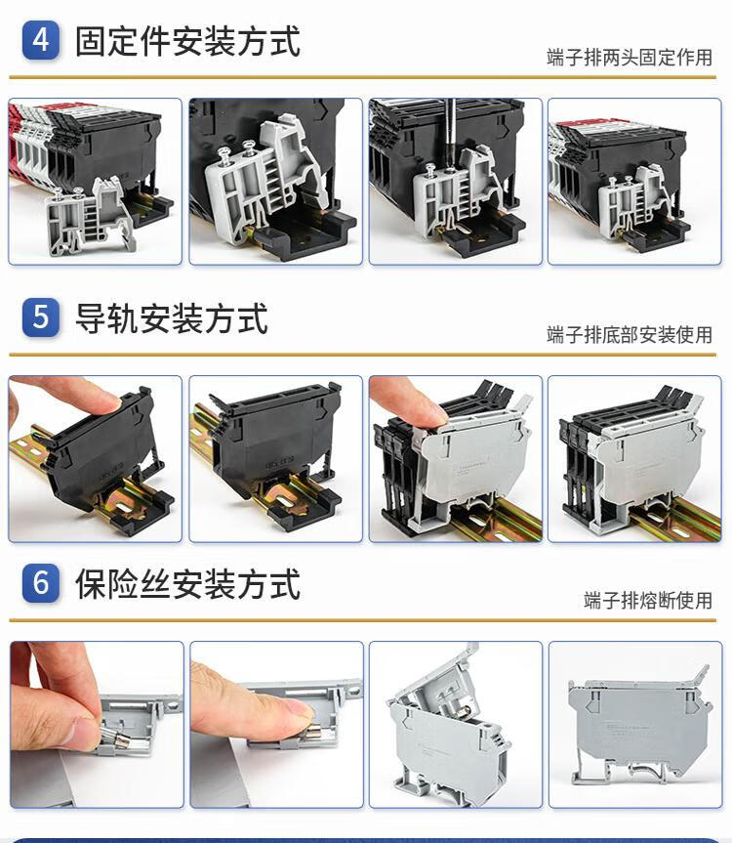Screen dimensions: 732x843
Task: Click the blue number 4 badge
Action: pyautogui.click(x=41, y=40)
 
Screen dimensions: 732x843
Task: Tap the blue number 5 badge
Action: pyautogui.click(x=41, y=317)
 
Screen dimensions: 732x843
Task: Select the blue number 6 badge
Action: pyautogui.click(x=41, y=583)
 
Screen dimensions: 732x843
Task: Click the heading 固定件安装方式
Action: pyautogui.click(x=187, y=41)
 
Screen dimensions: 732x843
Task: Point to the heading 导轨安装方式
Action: pyautogui.click(x=172, y=318)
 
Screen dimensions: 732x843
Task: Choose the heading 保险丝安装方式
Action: pyautogui.click(x=187, y=584)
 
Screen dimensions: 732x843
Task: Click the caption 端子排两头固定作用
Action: pyautogui.click(x=630, y=57)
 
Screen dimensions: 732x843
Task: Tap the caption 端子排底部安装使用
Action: pyautogui.click(x=630, y=334)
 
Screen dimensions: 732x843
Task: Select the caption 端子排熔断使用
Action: pyautogui.click(x=648, y=600)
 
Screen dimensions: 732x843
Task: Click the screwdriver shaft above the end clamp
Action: pyautogui.click(x=450, y=133)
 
